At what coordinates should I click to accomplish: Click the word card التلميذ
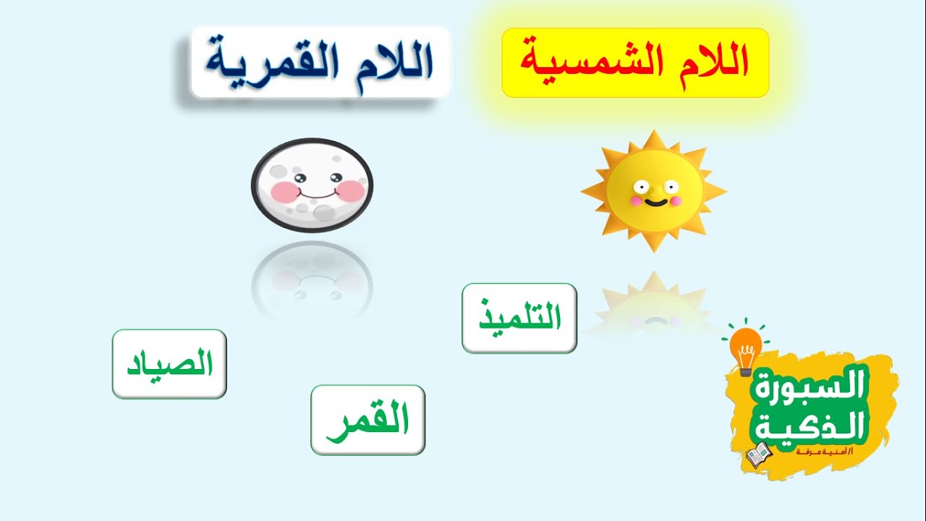[x=519, y=318]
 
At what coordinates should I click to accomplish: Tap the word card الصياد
[x=169, y=364]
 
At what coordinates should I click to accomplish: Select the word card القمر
[x=368, y=420]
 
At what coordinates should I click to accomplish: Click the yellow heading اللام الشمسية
[x=634, y=63]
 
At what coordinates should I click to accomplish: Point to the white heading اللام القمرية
[x=319, y=63]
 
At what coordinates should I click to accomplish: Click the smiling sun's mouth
[x=654, y=201]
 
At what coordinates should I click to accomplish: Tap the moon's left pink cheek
[x=283, y=191]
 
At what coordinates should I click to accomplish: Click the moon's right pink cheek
[x=352, y=190]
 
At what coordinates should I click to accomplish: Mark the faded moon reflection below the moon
[x=313, y=279]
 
